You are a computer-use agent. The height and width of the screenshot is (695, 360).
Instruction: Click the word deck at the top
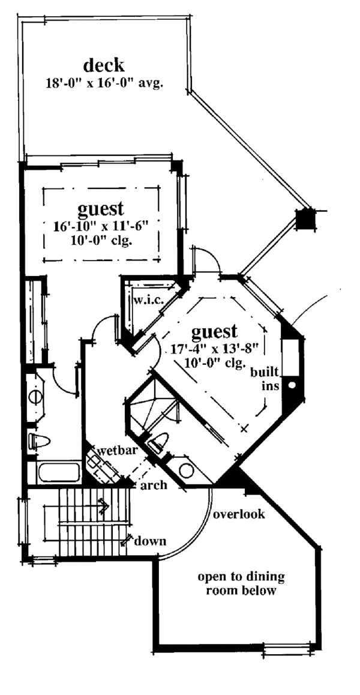(x=104, y=65)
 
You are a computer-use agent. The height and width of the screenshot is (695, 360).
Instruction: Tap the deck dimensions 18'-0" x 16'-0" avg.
(x=106, y=83)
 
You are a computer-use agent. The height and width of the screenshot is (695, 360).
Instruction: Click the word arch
(x=153, y=486)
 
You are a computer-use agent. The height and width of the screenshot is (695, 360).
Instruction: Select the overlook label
(x=238, y=515)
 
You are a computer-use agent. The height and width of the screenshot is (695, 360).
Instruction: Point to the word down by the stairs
(x=149, y=541)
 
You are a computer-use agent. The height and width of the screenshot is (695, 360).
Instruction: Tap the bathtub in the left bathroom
(x=59, y=472)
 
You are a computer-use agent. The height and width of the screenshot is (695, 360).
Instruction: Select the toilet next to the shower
(x=157, y=445)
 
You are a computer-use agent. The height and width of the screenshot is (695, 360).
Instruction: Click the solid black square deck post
(x=305, y=218)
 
